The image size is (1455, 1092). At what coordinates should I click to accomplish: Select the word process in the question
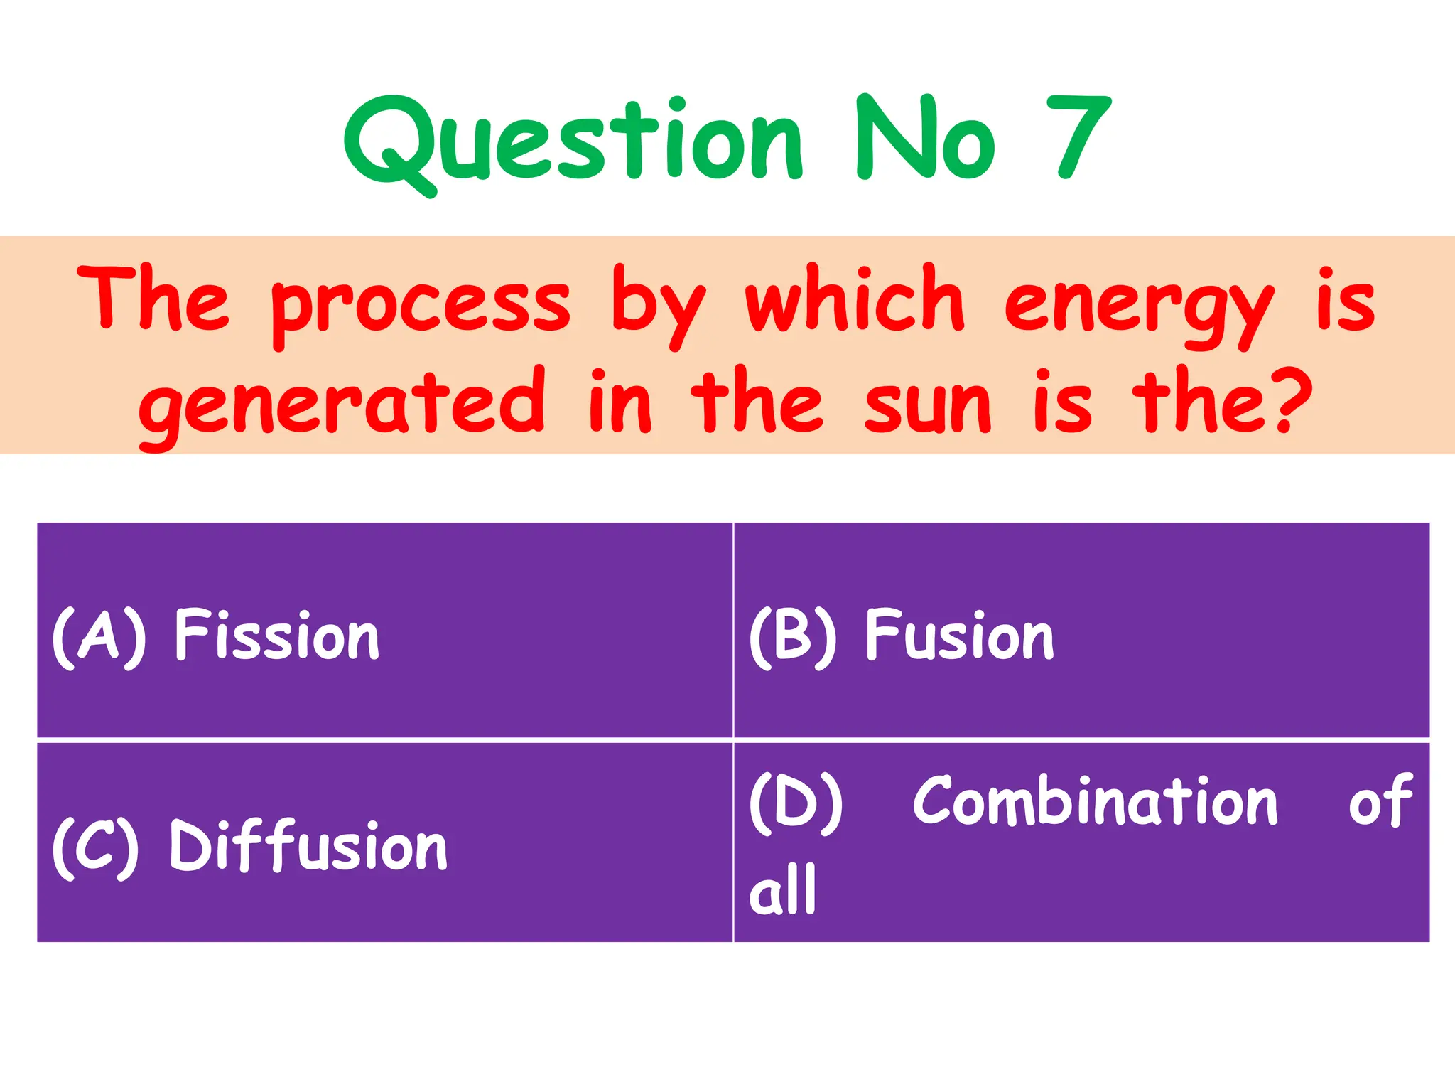pos(421,306)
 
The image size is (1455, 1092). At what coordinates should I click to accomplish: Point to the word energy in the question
pos(1138,306)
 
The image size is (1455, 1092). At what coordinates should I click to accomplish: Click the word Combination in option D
pos(1095,801)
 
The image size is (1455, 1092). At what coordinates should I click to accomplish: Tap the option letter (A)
pos(99,636)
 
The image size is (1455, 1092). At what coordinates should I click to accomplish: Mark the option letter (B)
pos(793,636)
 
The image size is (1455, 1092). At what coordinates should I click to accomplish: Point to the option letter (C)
pos(96,847)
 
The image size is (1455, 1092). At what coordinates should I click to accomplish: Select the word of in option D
pos(1380,801)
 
